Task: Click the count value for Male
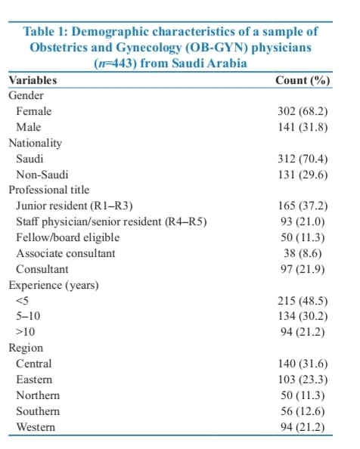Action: click(303, 126)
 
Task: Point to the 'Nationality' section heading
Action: click(35, 142)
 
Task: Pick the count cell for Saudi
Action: click(303, 159)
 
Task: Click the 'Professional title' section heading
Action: click(48, 190)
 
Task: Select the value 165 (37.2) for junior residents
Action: click(303, 206)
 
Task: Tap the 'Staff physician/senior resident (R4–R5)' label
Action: click(111, 221)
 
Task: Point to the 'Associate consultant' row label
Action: click(66, 253)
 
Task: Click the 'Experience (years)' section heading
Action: click(46, 285)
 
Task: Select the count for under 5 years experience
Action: click(303, 301)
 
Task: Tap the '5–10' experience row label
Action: click(27, 316)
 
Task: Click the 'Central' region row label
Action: click(33, 364)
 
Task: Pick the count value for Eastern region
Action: click(303, 379)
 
